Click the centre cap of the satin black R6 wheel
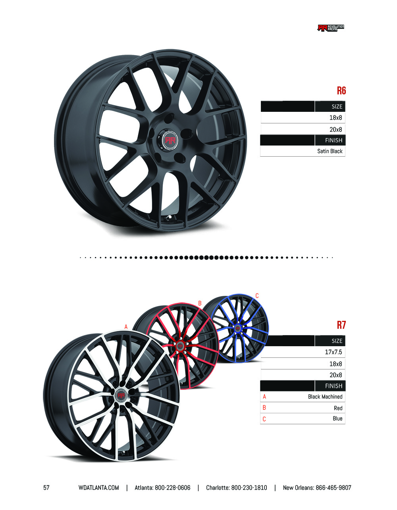(170, 140)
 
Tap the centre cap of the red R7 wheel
(180, 346)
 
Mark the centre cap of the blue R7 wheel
(237, 328)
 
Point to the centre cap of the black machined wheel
(121, 395)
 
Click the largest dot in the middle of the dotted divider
(206, 257)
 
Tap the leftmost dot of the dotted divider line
(81, 258)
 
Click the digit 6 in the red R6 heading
(343, 90)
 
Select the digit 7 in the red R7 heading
(343, 325)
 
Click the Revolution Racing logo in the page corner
(331, 28)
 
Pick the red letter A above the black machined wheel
(126, 327)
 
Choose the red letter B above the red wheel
(200, 303)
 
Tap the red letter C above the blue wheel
(257, 296)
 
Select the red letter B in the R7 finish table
(264, 408)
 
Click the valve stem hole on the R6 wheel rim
(168, 218)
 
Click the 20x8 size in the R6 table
(336, 130)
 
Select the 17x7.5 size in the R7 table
(333, 352)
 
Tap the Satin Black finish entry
(330, 151)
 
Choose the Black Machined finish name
(325, 397)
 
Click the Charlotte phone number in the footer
(249, 488)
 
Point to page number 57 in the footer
(46, 488)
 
